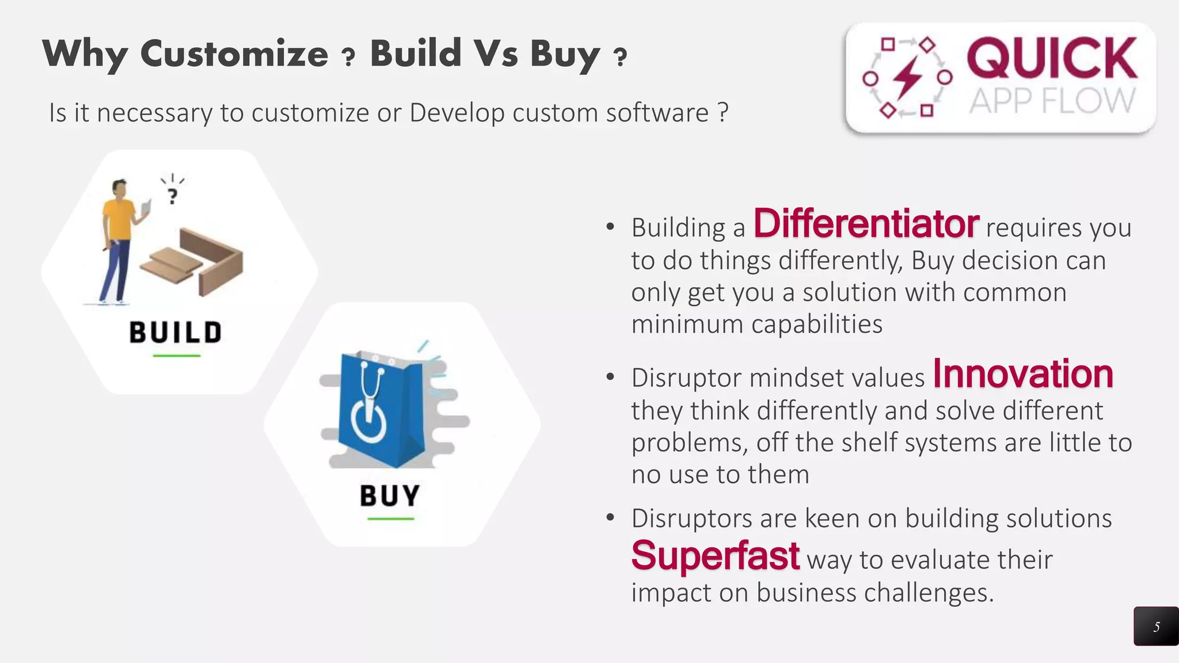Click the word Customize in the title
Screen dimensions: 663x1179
(x=234, y=54)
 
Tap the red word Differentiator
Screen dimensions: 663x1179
(x=866, y=224)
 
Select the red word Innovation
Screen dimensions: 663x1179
(x=1022, y=374)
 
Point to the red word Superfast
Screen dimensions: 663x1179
(x=715, y=556)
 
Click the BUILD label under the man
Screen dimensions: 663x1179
(x=176, y=333)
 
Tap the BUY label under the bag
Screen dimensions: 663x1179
(x=390, y=496)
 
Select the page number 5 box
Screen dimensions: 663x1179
(x=1156, y=626)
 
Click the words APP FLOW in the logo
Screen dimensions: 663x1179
(x=1051, y=101)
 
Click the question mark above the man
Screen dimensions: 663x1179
(x=172, y=196)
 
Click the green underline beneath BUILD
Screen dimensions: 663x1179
(x=176, y=356)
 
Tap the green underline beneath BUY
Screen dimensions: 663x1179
(x=390, y=519)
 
